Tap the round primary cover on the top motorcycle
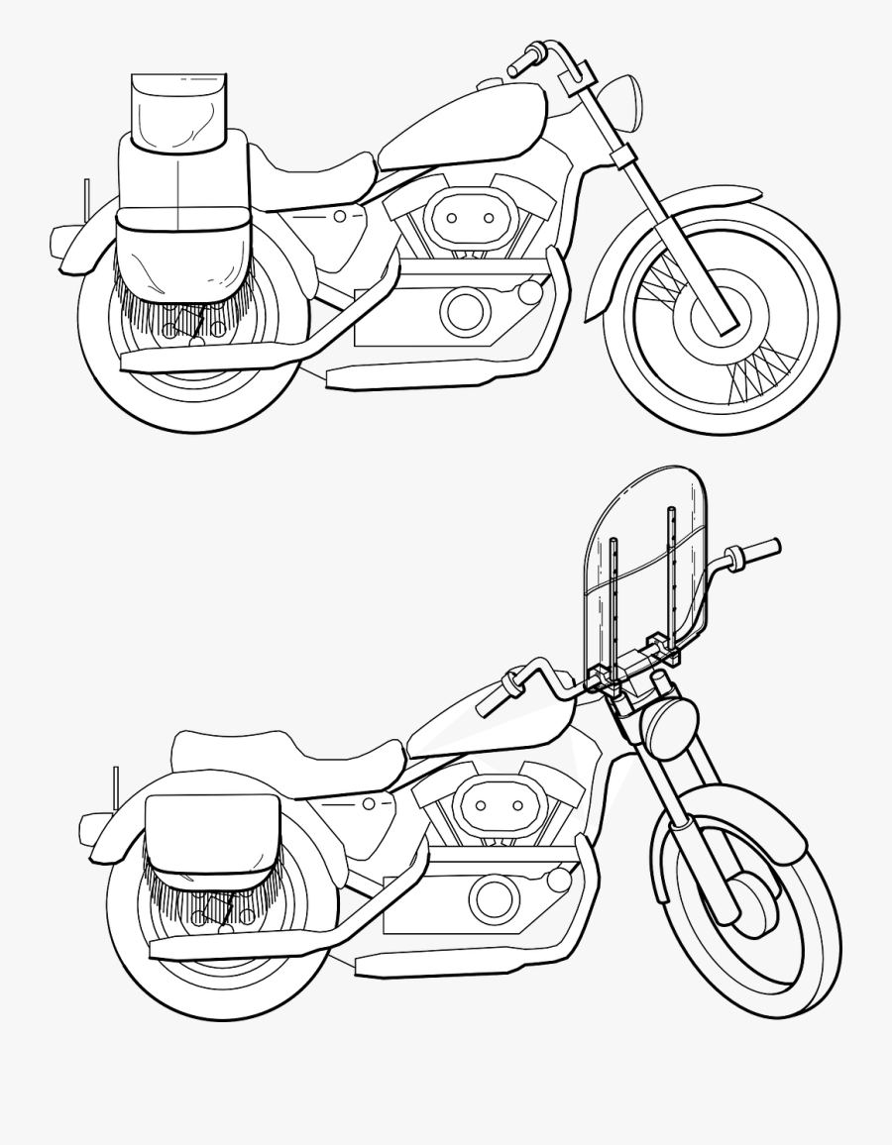coord(466,311)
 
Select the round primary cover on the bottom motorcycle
coord(495,897)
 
